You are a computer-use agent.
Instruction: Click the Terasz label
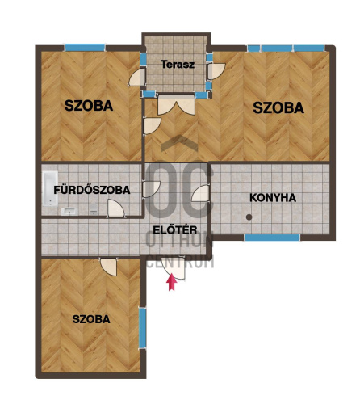(178, 65)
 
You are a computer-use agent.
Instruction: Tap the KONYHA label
(273, 198)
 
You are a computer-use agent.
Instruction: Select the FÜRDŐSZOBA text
(92, 190)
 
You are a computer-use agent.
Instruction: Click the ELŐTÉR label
(175, 230)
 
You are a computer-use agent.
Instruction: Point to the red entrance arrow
(171, 282)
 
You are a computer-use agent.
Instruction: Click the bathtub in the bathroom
(50, 188)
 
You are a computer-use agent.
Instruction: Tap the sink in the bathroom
(69, 211)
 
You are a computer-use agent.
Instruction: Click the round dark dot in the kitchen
(249, 217)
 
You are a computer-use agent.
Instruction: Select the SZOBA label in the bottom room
(91, 319)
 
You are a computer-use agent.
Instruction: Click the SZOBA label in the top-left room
(89, 106)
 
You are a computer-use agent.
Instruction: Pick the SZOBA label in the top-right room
(278, 107)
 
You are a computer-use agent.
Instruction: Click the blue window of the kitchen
(272, 238)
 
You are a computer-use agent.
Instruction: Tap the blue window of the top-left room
(85, 48)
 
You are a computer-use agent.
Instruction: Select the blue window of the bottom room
(142, 328)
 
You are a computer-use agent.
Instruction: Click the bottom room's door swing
(109, 267)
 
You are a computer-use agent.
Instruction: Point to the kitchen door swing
(200, 193)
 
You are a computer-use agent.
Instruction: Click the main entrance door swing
(174, 268)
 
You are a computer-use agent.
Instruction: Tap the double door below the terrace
(176, 104)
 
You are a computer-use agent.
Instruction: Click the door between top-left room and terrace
(137, 77)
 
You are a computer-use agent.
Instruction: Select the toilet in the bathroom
(94, 209)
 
